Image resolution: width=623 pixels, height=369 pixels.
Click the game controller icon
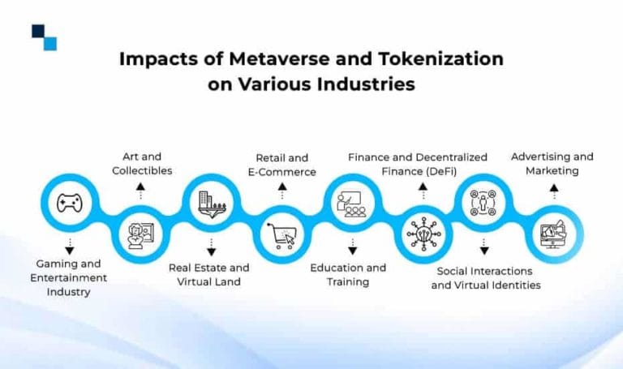pos(70,203)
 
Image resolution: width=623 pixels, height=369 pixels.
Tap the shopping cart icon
pos(281,236)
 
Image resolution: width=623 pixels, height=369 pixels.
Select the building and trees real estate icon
pos(213,204)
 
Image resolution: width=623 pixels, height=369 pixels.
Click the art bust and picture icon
pos(140,236)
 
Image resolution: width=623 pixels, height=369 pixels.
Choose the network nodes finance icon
pos(423,234)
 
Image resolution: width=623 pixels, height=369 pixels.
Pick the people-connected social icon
pos(483,203)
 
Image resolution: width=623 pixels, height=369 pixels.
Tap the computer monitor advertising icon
pos(553,234)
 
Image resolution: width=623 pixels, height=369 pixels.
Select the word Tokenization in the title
pos(441,58)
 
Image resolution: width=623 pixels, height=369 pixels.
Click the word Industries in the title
pos(366,84)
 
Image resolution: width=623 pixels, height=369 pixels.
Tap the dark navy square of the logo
pos(38,31)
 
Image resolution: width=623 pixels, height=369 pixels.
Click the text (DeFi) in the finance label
pos(439,172)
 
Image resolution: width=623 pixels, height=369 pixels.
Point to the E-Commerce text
pos(282,172)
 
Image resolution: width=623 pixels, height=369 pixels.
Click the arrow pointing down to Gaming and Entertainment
pos(70,247)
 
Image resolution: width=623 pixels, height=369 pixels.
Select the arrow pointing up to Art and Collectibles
pos(140,191)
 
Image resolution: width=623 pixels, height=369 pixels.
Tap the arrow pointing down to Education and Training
pos(352,247)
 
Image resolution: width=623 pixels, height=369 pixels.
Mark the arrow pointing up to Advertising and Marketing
pos(554,191)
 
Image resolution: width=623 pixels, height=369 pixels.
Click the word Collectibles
pos(142,171)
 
